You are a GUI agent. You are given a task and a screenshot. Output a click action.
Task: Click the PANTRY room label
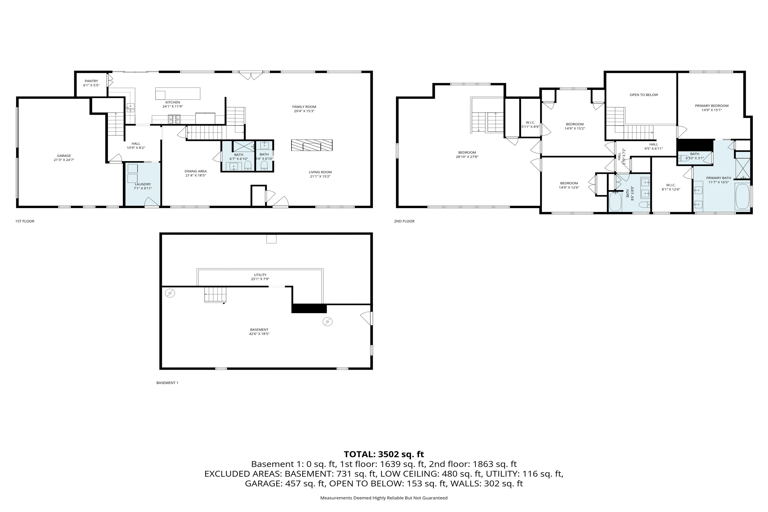(91, 81)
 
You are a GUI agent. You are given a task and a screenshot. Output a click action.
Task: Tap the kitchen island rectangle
(178, 93)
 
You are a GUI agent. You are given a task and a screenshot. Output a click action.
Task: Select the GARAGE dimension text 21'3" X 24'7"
(64, 160)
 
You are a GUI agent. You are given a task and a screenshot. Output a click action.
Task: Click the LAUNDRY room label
(143, 184)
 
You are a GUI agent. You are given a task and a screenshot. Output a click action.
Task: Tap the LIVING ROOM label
(320, 172)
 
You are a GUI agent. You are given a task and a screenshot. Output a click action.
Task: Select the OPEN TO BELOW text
(644, 95)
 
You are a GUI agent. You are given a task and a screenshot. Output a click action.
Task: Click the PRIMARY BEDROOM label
(711, 105)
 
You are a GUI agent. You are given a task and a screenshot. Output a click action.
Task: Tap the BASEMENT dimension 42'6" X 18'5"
(259, 334)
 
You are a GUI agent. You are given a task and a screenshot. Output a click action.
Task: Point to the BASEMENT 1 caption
(167, 383)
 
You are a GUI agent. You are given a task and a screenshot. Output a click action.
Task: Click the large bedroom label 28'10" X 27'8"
(467, 157)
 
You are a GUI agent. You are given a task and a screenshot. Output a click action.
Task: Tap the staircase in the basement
(215, 295)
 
